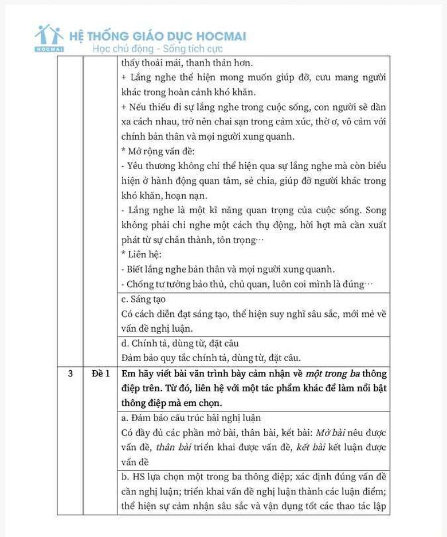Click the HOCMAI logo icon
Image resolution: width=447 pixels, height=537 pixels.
click(x=49, y=38)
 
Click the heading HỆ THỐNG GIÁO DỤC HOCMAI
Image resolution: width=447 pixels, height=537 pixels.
click(x=157, y=36)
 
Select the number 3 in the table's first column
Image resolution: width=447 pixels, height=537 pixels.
click(x=70, y=374)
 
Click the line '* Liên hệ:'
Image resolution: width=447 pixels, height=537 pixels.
click(x=141, y=254)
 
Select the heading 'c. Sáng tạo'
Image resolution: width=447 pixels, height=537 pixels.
click(x=144, y=299)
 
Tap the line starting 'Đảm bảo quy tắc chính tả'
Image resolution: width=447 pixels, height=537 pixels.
click(x=211, y=358)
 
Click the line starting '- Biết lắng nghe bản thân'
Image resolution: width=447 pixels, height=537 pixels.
click(x=228, y=269)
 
